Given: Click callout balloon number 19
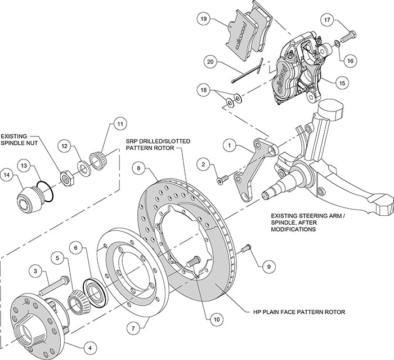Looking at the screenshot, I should point(203,19).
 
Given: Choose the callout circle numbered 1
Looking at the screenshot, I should point(229,145).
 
